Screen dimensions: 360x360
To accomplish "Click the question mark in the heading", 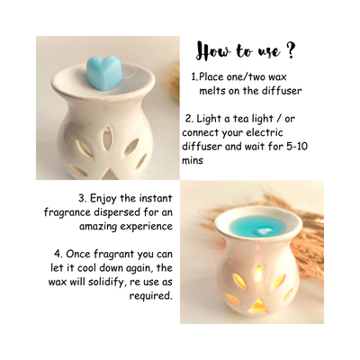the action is click(289, 51).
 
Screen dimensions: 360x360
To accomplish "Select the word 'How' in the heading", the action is click(213, 52).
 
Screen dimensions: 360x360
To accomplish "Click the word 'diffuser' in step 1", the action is click(282, 91).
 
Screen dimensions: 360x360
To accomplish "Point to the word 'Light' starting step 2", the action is click(210, 119).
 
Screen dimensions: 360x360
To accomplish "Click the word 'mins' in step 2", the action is click(193, 160).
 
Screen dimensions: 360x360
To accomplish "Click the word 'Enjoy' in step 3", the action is click(103, 199).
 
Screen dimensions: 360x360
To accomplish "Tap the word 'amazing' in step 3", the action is click(98, 227).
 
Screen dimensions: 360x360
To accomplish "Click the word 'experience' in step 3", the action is click(147, 227).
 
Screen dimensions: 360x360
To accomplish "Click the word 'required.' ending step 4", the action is click(150, 296).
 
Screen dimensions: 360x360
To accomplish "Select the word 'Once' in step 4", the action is click(77, 254).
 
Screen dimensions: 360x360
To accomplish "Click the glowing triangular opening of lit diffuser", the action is click(258, 306).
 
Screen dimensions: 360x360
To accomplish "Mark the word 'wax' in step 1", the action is click(277, 77).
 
